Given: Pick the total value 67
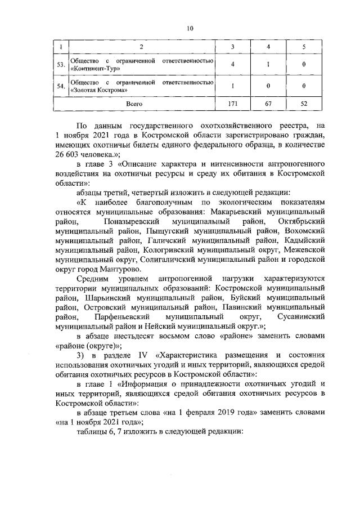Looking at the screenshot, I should (x=268, y=104).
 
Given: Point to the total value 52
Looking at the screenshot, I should (x=304, y=104).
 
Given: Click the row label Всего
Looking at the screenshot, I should (x=134, y=104).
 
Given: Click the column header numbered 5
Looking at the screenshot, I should (x=304, y=46).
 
